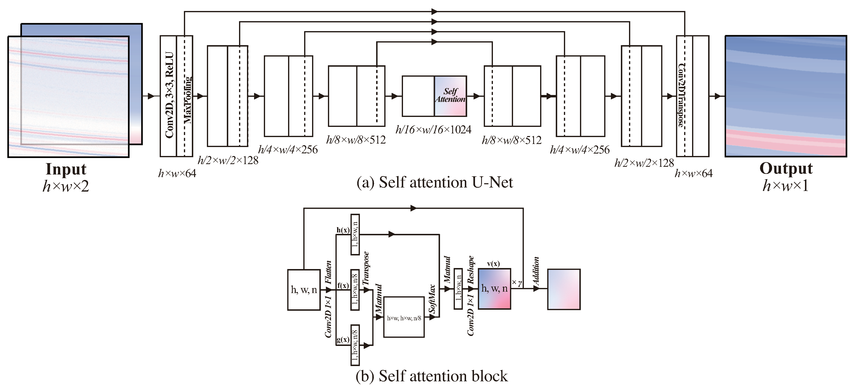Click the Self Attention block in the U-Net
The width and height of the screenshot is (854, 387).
[450, 96]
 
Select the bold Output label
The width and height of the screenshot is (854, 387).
[786, 169]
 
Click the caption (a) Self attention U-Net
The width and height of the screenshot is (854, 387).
[434, 183]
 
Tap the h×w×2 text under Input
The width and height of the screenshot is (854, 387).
[66, 186]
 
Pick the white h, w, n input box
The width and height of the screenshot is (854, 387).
[304, 290]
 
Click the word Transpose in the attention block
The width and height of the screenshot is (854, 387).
[366, 268]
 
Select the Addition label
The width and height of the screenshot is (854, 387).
[536, 271]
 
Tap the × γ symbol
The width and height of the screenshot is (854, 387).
[517, 283]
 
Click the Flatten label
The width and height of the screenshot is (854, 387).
[328, 272]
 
